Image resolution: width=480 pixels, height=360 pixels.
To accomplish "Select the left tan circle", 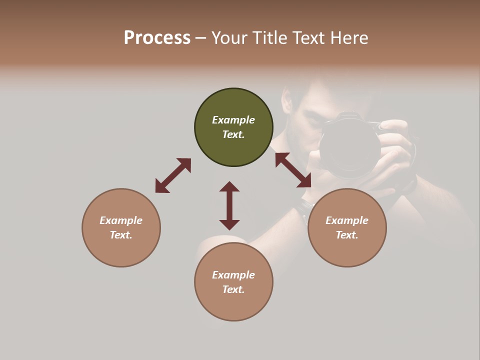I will (x=121, y=227).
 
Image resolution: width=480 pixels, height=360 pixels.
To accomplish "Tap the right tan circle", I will (x=347, y=227).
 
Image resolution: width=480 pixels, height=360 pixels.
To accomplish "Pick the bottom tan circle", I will (x=233, y=282).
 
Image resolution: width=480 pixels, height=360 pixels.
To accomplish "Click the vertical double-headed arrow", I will (x=229, y=205).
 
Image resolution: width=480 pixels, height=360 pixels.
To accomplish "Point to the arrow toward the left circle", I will (x=173, y=175).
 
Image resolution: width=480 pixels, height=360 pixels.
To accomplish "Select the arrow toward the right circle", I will (x=293, y=170).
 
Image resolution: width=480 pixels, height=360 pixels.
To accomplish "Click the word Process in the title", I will (x=157, y=37).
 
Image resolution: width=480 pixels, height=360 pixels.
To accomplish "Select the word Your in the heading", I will (x=228, y=37).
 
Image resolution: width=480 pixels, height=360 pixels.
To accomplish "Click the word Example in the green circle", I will (x=233, y=120).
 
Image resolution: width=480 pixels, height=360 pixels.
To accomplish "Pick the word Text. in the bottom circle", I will (x=233, y=289).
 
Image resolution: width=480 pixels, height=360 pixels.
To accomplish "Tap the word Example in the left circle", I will (x=121, y=220).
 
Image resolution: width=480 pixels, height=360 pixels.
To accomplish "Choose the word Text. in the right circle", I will (x=347, y=235).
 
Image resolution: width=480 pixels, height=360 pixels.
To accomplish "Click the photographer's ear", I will (x=286, y=100).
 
